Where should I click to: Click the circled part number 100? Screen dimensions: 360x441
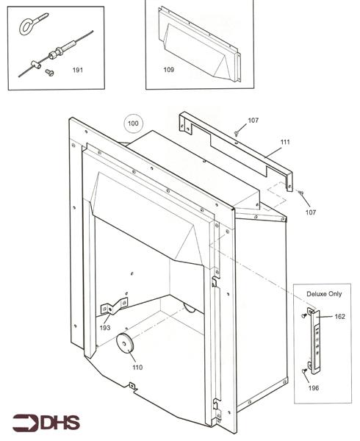click(x=133, y=123)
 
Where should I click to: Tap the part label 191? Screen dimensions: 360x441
click(x=78, y=70)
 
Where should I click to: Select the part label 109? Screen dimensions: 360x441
click(x=169, y=70)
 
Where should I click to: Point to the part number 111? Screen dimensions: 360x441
click(x=285, y=142)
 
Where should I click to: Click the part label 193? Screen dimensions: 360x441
click(x=105, y=328)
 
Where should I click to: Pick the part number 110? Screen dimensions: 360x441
click(x=137, y=367)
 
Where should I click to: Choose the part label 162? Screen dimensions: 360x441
click(x=339, y=316)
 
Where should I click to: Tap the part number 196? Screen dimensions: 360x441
click(x=314, y=388)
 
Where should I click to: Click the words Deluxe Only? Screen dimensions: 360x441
click(x=324, y=294)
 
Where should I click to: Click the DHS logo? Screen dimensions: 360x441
click(x=46, y=422)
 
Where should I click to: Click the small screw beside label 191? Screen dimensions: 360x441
click(x=49, y=73)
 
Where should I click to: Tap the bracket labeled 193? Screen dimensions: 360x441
click(x=114, y=306)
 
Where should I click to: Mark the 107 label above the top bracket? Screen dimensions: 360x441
click(x=253, y=121)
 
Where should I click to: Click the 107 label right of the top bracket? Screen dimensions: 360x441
click(x=311, y=212)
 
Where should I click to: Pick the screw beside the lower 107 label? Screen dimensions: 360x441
click(x=300, y=193)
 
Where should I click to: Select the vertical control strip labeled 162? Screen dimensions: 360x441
click(x=314, y=341)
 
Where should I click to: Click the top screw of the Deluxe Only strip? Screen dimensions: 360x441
click(x=303, y=315)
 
